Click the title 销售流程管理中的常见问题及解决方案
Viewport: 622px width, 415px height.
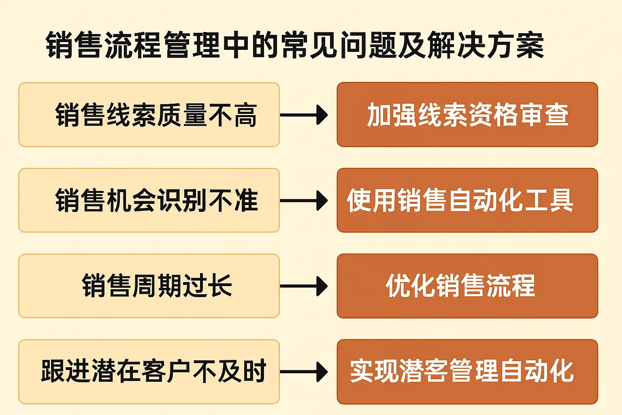[x=295, y=45]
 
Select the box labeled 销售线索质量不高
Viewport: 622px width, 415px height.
[x=149, y=115]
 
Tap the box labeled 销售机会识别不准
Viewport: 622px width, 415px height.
[x=149, y=200]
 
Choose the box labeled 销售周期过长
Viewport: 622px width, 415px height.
[x=149, y=286]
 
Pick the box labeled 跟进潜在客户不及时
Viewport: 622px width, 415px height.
[x=149, y=371]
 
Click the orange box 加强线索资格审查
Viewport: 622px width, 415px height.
[x=467, y=115]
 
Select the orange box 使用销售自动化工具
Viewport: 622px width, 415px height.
[x=467, y=200]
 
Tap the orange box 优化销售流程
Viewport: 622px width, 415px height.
[x=467, y=286]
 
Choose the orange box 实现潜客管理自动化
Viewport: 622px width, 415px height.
[x=467, y=371]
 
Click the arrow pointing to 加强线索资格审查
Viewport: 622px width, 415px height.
[x=304, y=115]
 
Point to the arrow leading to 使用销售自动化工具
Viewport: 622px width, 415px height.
[x=304, y=201]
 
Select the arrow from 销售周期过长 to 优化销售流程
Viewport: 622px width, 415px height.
[x=304, y=286]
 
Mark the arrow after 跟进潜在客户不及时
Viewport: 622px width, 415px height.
[x=304, y=372]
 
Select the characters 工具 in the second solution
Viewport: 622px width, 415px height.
[x=548, y=201]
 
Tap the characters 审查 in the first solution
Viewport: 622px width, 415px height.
[x=543, y=115]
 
